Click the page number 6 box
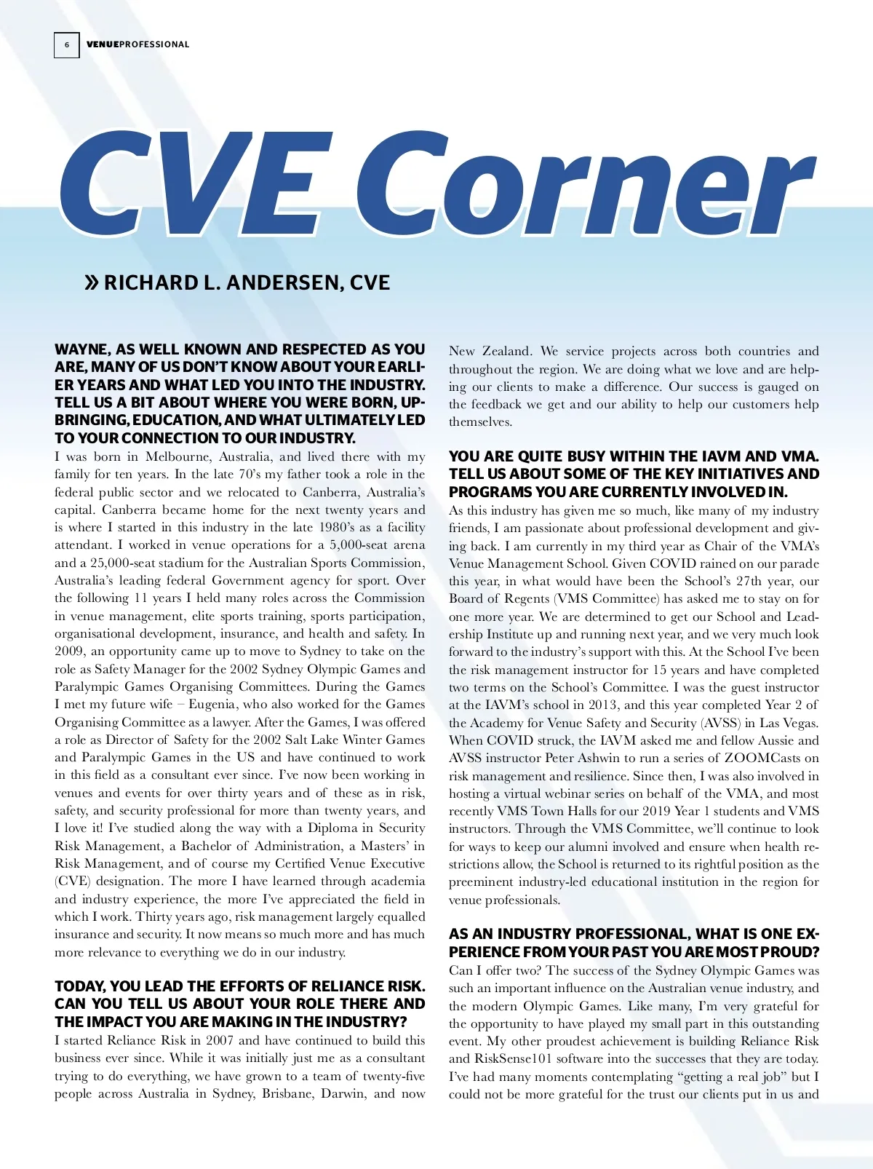point(66,45)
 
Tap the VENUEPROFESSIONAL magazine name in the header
point(137,44)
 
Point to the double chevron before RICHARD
point(92,282)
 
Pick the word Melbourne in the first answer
point(178,456)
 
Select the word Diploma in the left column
point(332,828)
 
